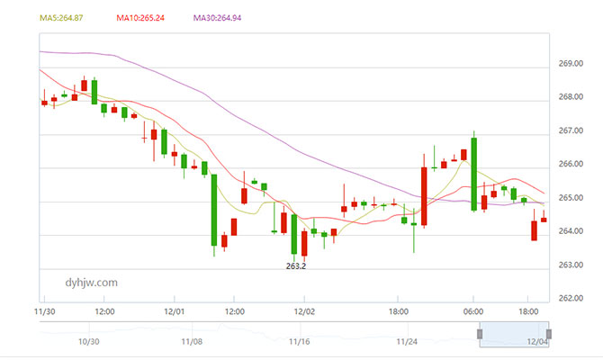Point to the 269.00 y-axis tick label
click(572, 65)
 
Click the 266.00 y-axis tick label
click(572, 165)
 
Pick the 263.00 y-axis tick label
click(572, 265)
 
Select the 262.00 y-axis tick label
click(572, 299)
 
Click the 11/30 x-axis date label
click(44, 312)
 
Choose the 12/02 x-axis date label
click(305, 312)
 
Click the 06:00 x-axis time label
click(473, 312)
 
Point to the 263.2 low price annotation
click(296, 266)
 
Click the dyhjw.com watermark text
click(92, 283)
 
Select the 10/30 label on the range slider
click(88, 342)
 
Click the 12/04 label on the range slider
click(537, 342)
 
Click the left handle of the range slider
click(481, 334)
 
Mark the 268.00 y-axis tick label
click(572, 98)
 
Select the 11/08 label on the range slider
click(192, 342)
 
